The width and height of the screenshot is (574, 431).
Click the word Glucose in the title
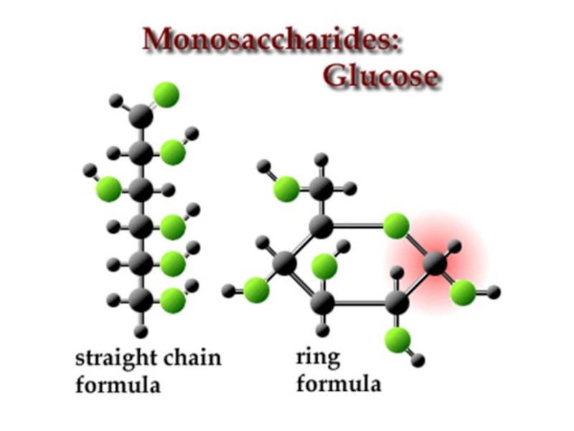(381, 75)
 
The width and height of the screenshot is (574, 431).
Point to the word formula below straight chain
(118, 384)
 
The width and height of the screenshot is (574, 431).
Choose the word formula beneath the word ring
(339, 384)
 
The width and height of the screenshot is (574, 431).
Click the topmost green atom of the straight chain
(166, 95)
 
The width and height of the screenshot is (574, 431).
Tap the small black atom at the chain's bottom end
(141, 332)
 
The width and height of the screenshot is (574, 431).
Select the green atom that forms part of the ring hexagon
(395, 226)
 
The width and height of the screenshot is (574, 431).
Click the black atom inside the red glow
(435, 264)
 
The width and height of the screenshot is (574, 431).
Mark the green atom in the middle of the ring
(324, 267)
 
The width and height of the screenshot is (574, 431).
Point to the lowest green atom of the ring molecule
(398, 337)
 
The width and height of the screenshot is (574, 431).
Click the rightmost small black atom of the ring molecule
(494, 292)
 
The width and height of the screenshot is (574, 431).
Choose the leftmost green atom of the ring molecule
(255, 290)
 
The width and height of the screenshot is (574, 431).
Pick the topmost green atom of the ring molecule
(286, 189)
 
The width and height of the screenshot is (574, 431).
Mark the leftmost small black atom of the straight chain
(89, 170)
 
